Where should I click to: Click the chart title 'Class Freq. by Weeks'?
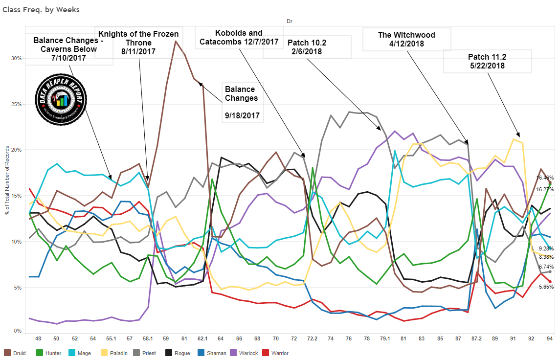pos(41,9)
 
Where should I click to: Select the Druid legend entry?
pos(17,352)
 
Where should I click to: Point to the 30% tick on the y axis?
pos(17,58)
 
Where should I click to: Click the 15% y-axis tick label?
pos(17,196)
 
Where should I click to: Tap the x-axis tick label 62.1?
pos(202,338)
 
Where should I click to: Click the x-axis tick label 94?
pos(550,338)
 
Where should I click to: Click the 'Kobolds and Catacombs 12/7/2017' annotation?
pos(239,38)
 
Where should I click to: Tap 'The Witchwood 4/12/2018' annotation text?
pos(406,39)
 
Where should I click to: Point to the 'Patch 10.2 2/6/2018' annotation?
pos(307,47)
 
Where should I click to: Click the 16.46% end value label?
pos(545,178)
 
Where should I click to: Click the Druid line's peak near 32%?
pos(176,41)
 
